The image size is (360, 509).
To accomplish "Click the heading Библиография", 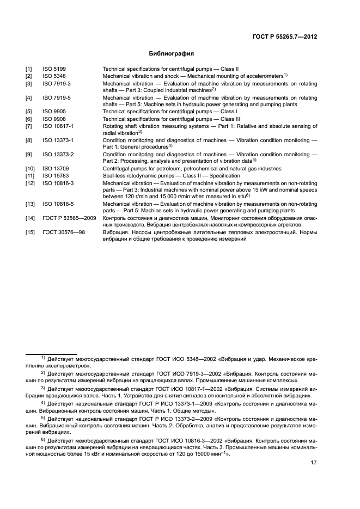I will click(172, 54).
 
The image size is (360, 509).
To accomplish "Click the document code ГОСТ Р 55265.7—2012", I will click(285, 36).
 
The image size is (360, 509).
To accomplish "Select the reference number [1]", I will click(28, 70).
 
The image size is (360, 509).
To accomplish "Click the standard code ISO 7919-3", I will click(57, 84).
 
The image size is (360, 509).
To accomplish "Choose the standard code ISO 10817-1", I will click(58, 126).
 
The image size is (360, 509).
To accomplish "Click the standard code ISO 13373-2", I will click(58, 155).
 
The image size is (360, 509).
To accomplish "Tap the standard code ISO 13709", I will click(55, 169).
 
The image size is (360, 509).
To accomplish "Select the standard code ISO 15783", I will click(55, 176).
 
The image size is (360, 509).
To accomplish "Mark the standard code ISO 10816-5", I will click(58, 204).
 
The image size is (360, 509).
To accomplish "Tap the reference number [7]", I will click(28, 126).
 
